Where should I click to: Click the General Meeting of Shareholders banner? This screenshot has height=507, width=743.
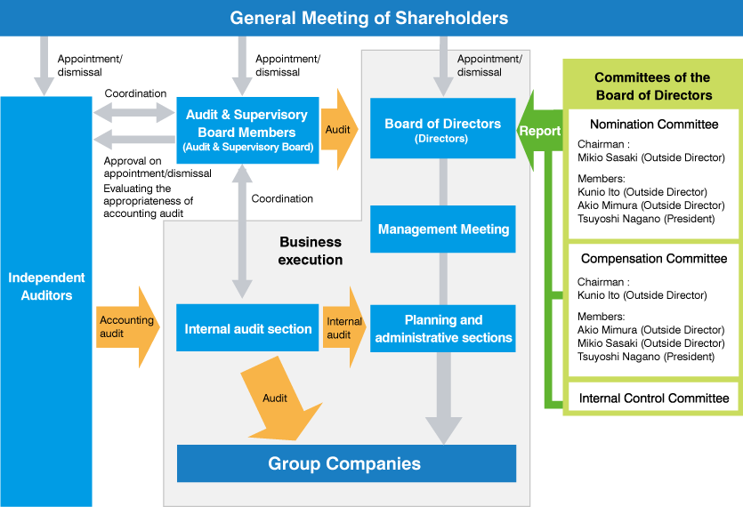[x=369, y=18]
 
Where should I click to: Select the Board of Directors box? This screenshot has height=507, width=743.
[x=442, y=129]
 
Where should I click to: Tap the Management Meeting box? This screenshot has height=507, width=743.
[x=443, y=229]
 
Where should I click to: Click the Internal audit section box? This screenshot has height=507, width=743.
[x=248, y=329]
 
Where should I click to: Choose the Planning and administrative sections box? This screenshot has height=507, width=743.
[x=443, y=328]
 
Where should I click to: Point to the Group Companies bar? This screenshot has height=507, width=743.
[x=345, y=463]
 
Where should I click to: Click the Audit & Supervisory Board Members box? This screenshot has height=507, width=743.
[x=246, y=130]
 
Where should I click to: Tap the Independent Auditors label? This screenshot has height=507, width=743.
[x=46, y=286]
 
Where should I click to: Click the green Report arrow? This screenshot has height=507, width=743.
[x=539, y=131]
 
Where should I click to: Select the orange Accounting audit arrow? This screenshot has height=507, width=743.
[x=126, y=326]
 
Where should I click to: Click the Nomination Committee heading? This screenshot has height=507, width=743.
[x=654, y=125]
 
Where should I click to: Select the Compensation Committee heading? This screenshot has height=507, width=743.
[x=654, y=259]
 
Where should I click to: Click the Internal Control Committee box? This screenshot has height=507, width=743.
[x=654, y=398]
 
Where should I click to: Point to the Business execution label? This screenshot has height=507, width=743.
[x=310, y=251]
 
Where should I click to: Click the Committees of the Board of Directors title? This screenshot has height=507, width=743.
[x=653, y=86]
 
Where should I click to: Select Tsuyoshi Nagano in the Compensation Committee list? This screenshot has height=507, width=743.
[x=646, y=357]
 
